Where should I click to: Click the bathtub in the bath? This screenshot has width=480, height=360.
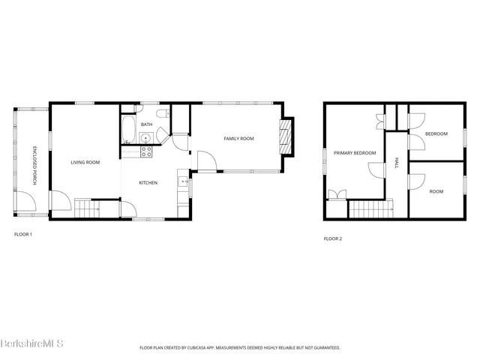(x=128, y=128)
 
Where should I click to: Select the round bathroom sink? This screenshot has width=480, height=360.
(x=146, y=137)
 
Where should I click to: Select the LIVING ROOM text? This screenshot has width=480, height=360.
(x=85, y=162)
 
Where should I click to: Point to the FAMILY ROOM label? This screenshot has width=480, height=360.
(x=238, y=139)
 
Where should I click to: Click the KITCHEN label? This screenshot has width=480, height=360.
(x=148, y=183)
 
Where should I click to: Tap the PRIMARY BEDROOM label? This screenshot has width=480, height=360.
(x=354, y=153)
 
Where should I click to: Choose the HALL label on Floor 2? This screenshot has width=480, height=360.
(x=396, y=162)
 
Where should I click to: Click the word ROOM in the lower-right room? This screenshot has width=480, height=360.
(x=436, y=191)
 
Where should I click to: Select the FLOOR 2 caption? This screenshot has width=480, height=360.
(x=332, y=238)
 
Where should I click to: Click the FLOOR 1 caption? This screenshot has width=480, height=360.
(x=23, y=234)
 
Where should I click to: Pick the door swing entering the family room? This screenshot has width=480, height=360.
(x=205, y=160)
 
